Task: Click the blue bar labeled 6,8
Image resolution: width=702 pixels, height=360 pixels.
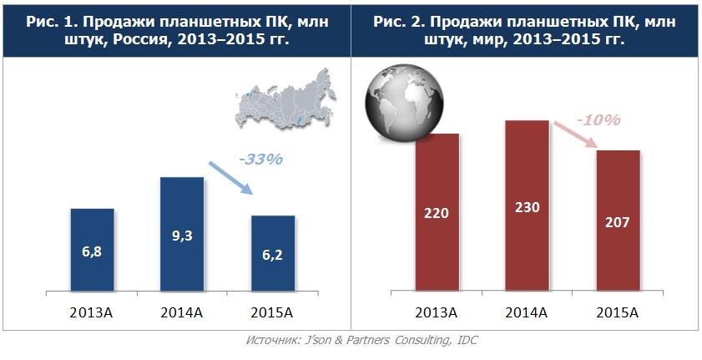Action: click(x=92, y=251)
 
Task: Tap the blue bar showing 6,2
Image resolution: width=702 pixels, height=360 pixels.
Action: click(x=273, y=254)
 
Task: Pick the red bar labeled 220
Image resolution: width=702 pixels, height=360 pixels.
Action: click(x=437, y=213)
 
